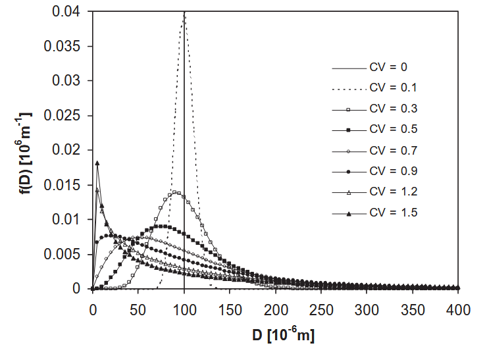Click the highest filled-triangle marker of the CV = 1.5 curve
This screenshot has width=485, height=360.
point(97,163)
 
